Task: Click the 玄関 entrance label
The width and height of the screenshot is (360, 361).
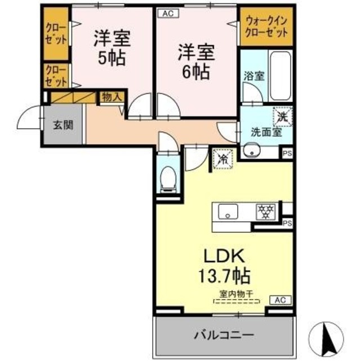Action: coord(63,125)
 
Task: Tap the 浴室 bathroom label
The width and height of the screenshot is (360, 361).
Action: coord(254,76)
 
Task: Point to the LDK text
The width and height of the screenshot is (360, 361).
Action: coord(224,256)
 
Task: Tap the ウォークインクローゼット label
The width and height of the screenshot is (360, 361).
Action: coord(266,27)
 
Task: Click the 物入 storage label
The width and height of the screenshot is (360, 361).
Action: coord(112,97)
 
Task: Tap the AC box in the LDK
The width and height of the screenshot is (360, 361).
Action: coord(280,300)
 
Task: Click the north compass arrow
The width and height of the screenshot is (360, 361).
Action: coord(326,338)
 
